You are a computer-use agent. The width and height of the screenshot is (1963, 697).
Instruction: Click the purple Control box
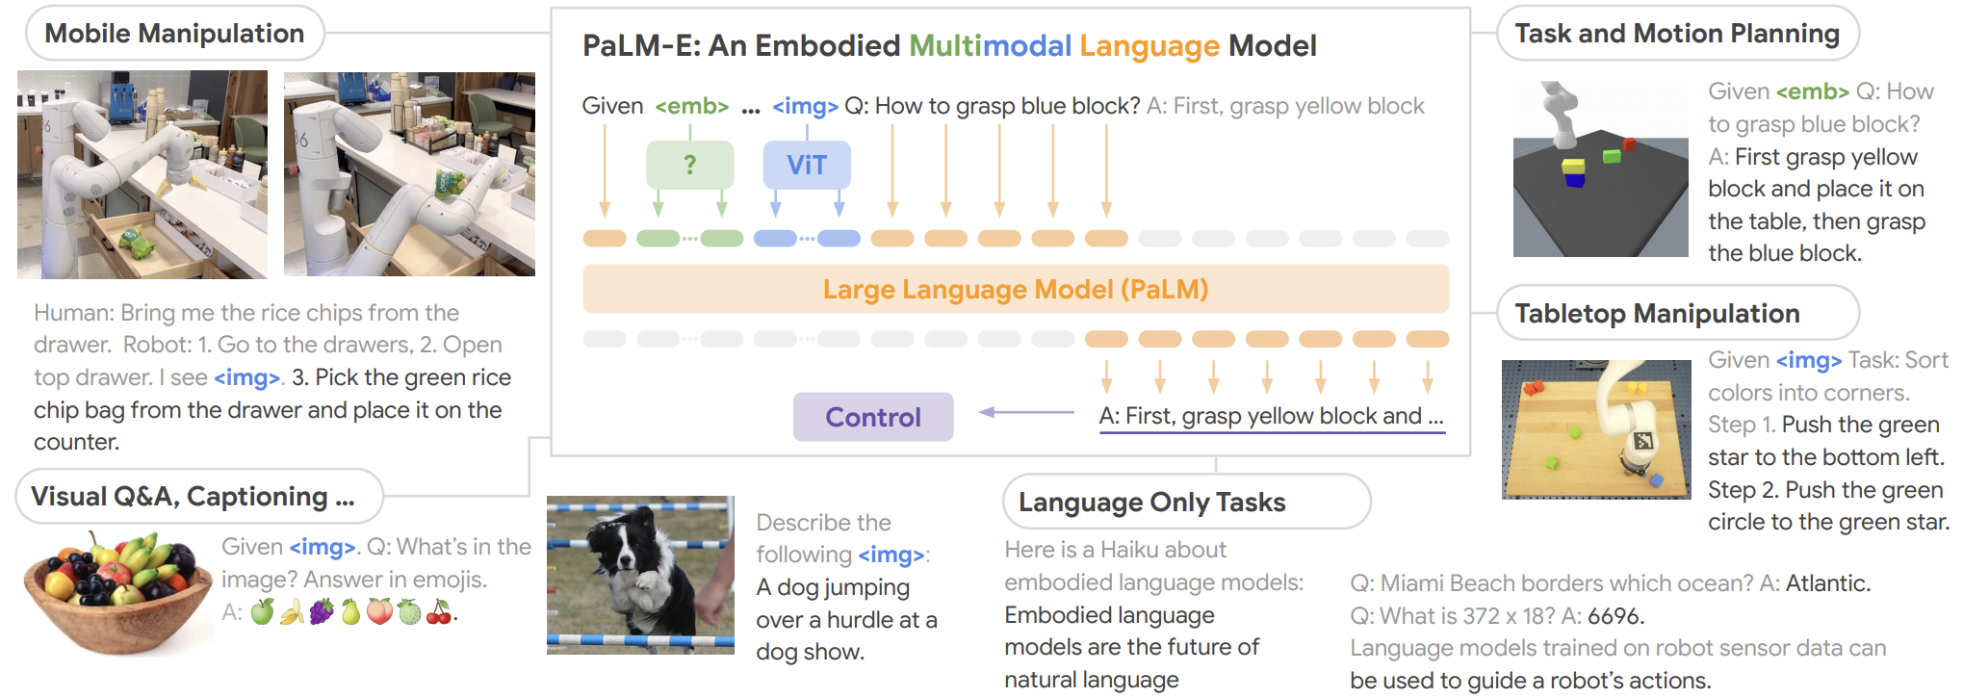873,417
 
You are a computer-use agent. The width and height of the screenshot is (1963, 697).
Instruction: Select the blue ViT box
807,166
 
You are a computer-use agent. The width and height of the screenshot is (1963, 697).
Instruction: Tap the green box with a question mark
689,166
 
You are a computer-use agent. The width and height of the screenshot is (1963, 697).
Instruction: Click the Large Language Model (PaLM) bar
1016,289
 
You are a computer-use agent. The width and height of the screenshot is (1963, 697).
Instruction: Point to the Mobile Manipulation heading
174,34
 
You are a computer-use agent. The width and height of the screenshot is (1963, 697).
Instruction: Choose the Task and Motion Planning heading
1677,34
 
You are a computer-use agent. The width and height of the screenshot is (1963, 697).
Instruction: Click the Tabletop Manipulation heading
1658,313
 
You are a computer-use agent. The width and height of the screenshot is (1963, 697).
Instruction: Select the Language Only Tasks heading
1152,502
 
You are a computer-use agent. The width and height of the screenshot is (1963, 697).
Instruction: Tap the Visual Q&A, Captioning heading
194,496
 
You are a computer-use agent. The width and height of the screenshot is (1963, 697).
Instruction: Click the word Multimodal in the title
990,45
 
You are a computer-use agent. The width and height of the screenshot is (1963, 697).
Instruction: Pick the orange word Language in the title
1149,45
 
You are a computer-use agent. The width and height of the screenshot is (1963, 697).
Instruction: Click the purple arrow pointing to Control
1026,412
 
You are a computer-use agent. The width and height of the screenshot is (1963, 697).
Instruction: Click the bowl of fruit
117,594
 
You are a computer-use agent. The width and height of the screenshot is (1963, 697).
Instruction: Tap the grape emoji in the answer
322,611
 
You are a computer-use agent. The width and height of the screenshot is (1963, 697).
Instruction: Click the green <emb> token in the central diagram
691,106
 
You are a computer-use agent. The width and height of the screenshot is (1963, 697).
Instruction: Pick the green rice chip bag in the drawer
140,243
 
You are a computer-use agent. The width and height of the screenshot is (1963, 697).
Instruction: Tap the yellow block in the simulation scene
1573,166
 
